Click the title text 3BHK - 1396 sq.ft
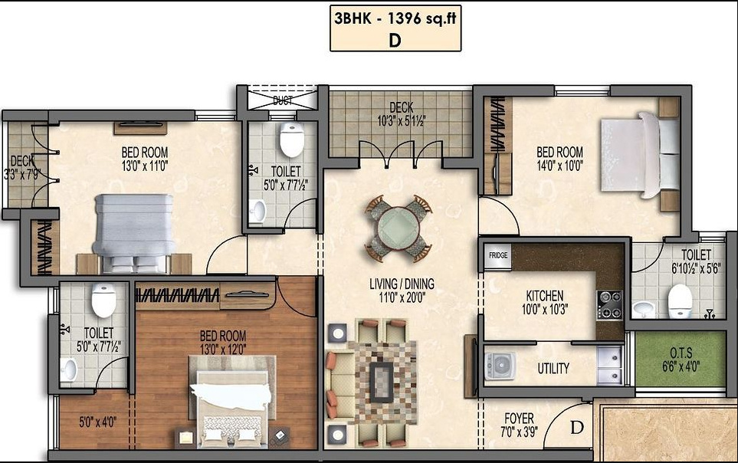395,21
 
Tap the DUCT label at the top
282,100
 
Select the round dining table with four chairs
398,228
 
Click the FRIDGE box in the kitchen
498,255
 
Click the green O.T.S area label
681,357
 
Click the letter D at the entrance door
576,426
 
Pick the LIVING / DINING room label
402,290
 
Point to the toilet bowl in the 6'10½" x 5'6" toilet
680,301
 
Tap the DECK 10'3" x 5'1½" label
401,114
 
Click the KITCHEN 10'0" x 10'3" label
545,302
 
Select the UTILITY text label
553,369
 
